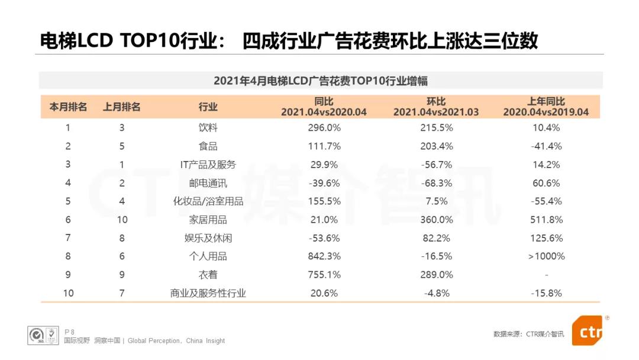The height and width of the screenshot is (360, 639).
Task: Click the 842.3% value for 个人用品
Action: click(x=324, y=256)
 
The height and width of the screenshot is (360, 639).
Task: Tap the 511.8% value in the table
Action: click(x=547, y=220)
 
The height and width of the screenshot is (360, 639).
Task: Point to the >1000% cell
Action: click(x=547, y=256)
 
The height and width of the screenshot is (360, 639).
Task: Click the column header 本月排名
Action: click(x=68, y=107)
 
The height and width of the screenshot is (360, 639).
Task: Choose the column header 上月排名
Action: click(x=122, y=107)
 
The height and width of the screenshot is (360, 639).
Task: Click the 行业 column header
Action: click(x=208, y=107)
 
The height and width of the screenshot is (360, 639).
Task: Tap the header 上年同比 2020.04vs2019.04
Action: click(x=547, y=107)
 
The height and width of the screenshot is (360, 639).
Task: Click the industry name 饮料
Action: click(x=208, y=128)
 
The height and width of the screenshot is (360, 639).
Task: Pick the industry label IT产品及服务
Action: click(x=208, y=165)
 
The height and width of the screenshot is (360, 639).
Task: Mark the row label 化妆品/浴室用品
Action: click(x=208, y=201)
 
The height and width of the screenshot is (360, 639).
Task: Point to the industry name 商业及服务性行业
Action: click(x=208, y=293)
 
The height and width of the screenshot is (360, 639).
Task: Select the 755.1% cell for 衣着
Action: click(x=324, y=275)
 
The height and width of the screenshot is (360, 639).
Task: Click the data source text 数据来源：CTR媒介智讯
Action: click(x=528, y=335)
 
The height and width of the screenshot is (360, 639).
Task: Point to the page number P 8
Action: click(x=69, y=332)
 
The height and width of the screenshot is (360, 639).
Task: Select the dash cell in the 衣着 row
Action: click(x=547, y=275)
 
